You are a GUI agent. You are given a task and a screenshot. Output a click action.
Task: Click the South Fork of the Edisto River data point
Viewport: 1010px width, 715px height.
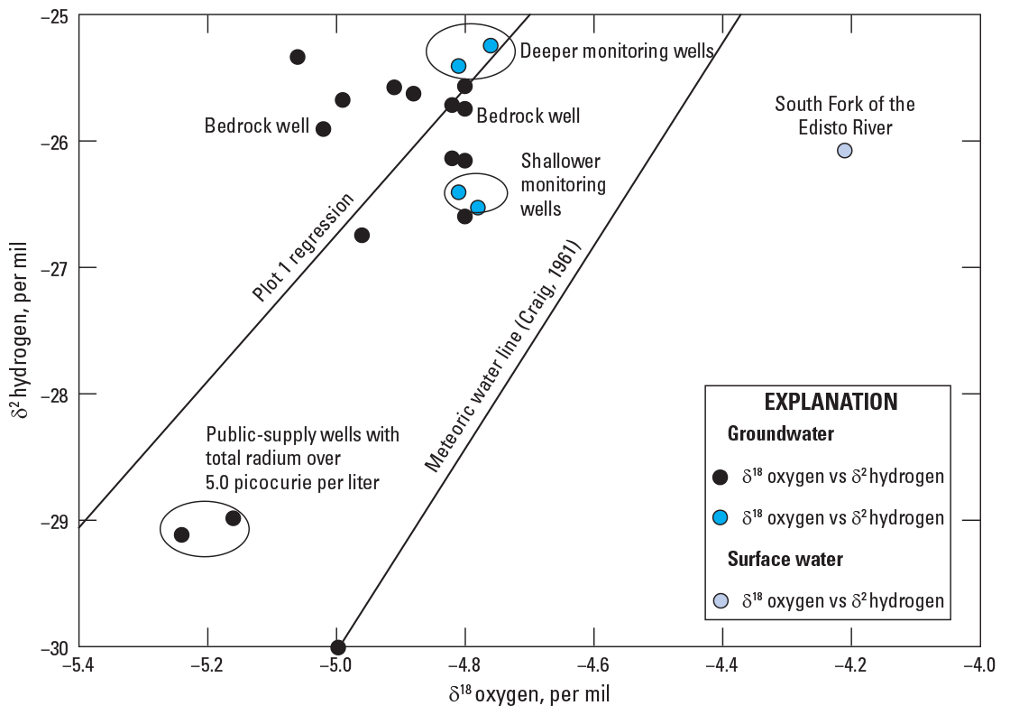844,150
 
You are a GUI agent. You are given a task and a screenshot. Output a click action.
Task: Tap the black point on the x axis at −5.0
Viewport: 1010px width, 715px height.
338,646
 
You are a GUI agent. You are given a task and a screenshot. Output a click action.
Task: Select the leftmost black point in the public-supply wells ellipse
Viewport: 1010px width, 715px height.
181,534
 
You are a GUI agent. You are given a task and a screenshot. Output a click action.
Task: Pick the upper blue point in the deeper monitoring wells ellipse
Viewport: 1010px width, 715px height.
491,45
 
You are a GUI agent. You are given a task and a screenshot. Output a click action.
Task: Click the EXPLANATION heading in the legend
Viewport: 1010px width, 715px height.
831,402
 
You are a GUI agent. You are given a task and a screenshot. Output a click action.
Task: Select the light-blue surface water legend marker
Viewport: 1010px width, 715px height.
721,601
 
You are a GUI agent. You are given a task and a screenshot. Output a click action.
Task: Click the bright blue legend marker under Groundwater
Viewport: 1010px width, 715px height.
721,517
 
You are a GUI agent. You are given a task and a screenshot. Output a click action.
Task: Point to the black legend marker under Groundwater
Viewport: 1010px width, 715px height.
721,477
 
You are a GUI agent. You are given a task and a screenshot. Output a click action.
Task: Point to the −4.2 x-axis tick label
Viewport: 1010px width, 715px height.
851,664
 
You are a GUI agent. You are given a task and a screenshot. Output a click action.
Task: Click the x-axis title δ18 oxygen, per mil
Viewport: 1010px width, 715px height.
529,694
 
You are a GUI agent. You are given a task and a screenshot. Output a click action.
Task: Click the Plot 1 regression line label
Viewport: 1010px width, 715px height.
303,247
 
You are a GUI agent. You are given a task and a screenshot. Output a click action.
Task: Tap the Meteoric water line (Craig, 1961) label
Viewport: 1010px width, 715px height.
502,357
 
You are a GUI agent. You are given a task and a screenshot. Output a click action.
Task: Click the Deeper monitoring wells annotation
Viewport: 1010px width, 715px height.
617,51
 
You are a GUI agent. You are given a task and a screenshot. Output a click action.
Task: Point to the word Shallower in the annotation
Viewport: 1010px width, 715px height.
560,161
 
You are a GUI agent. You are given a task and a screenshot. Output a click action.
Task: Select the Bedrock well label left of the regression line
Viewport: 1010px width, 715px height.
257,125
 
